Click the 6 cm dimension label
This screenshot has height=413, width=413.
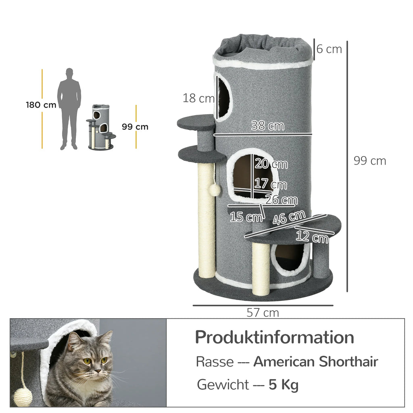(x=329, y=49)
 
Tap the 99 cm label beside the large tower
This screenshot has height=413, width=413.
(x=369, y=161)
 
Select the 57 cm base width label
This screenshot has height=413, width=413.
(x=263, y=313)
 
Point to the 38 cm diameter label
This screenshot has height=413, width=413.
(x=267, y=126)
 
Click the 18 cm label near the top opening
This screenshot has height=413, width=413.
(x=198, y=98)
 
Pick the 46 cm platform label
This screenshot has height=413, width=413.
(x=289, y=218)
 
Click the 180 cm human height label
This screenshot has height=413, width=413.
(x=41, y=105)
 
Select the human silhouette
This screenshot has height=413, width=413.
(x=69, y=108)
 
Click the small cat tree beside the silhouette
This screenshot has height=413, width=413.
(x=101, y=127)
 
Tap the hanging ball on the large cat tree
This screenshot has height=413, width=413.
(x=215, y=190)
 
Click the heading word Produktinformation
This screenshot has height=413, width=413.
(x=274, y=337)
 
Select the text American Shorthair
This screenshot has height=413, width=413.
(x=315, y=362)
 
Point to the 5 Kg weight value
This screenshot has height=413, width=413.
(x=284, y=385)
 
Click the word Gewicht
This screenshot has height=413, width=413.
(x=223, y=385)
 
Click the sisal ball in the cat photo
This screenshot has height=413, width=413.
(x=23, y=397)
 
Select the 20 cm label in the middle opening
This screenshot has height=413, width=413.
(x=271, y=164)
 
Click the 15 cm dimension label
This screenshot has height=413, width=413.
(x=246, y=217)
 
